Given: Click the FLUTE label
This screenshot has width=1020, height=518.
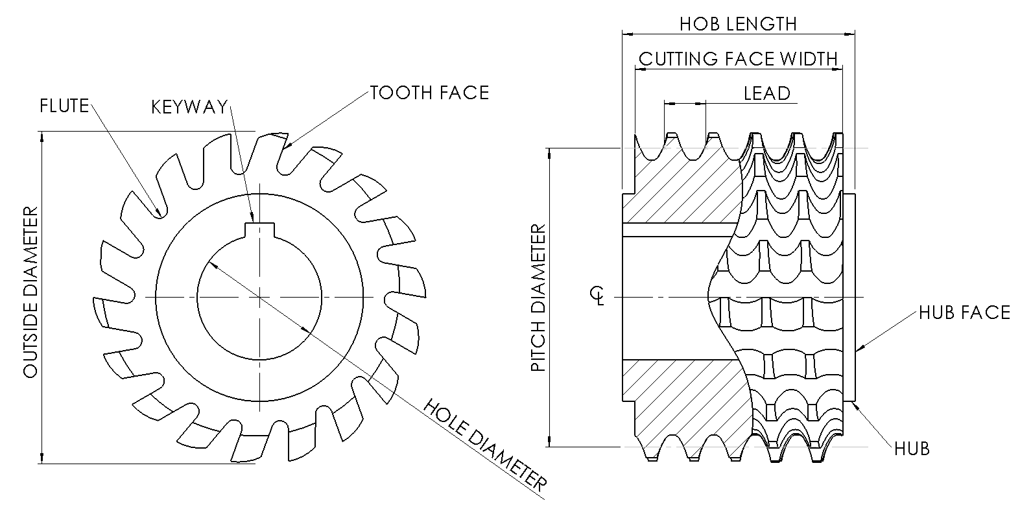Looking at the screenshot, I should pyautogui.click(x=64, y=106).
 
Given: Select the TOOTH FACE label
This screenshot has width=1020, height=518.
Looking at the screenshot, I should pyautogui.click(x=429, y=93).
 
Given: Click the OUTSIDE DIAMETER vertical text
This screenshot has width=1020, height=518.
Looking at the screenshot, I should pyautogui.click(x=30, y=293).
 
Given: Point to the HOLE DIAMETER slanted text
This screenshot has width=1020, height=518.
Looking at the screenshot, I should pyautogui.click(x=485, y=445).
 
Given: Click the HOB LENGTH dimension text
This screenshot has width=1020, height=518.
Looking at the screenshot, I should pyautogui.click(x=737, y=24).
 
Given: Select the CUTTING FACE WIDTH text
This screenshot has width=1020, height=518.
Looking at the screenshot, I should pyautogui.click(x=738, y=59).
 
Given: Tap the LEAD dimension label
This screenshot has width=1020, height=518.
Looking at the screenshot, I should pyautogui.click(x=766, y=93).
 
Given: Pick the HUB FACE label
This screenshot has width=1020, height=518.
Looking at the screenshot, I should pyautogui.click(x=964, y=313).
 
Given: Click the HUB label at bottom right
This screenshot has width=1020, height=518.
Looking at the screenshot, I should pyautogui.click(x=911, y=448).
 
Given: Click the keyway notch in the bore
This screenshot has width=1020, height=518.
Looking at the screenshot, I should pyautogui.click(x=259, y=231).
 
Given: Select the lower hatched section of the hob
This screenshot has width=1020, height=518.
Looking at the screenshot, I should pyautogui.click(x=687, y=402).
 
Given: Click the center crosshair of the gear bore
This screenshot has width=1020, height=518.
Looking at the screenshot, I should pyautogui.click(x=259, y=297).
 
